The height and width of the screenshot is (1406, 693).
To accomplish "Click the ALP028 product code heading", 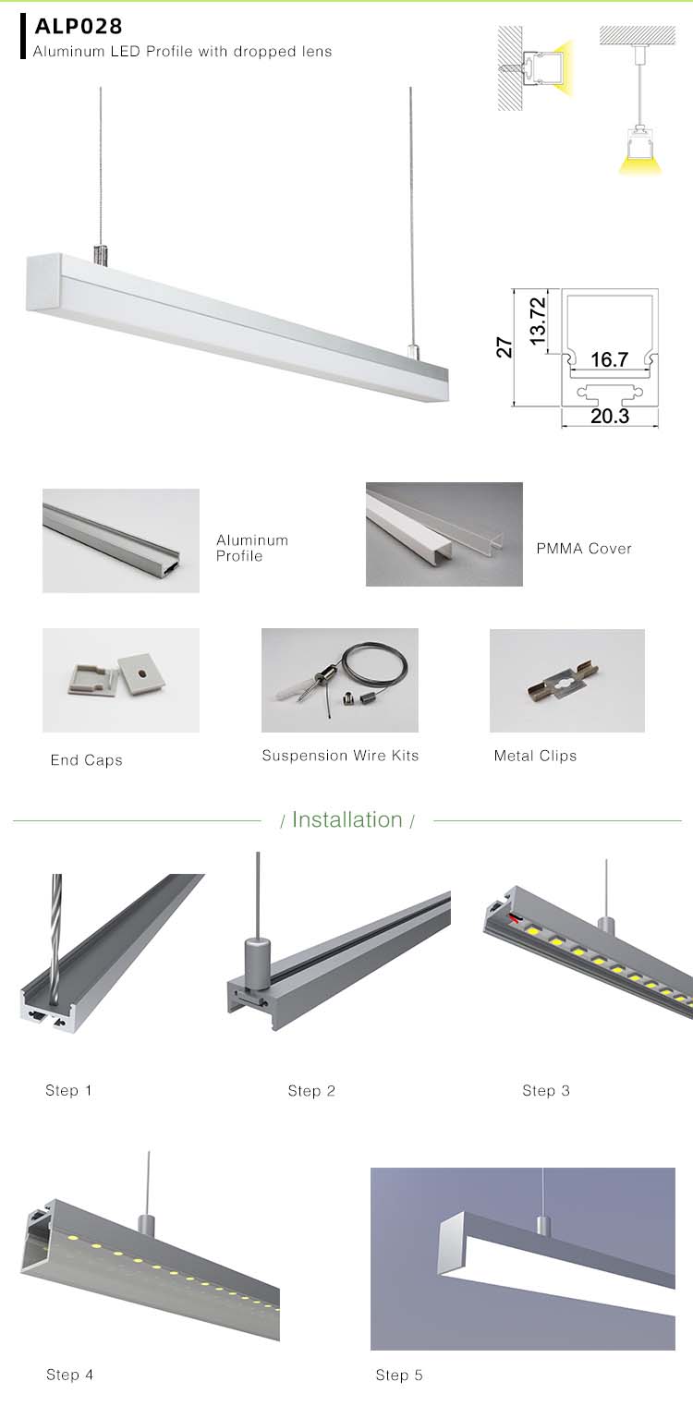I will click(x=79, y=26).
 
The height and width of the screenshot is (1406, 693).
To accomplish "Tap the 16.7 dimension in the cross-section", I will click(x=609, y=359).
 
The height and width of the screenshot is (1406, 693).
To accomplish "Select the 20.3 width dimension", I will click(x=609, y=417).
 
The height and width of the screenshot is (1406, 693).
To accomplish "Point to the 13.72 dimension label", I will click(x=538, y=321).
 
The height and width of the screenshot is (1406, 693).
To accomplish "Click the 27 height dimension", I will click(x=505, y=347).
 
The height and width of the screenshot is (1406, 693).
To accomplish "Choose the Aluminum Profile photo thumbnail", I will click(x=120, y=540).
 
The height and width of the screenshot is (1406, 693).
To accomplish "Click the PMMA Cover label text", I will click(x=584, y=549).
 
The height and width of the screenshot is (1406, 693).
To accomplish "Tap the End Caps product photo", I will click(x=120, y=680).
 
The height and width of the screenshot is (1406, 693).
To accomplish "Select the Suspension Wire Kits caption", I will click(x=340, y=756).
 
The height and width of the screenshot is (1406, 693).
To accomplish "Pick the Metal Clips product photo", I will click(x=566, y=680).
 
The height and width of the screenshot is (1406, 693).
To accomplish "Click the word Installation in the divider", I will click(x=347, y=819).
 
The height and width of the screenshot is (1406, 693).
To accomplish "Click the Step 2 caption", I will click(x=311, y=1091).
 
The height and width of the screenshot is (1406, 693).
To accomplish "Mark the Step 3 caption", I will click(x=546, y=1091).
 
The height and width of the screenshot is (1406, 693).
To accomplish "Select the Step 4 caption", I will click(x=70, y=1375).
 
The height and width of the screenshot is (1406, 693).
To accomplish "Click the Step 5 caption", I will click(x=399, y=1376).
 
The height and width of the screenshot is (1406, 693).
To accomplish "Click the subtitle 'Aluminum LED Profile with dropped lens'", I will click(x=182, y=52).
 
